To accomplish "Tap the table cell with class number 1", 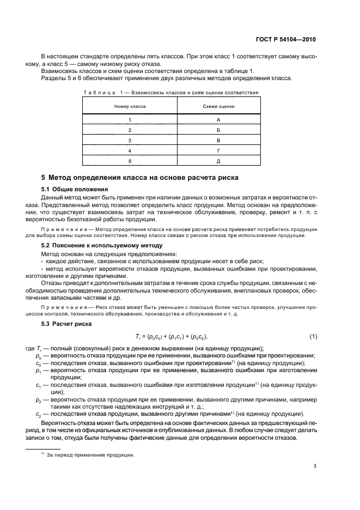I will click(x=130, y=119).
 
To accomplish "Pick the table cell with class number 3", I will click(x=130, y=140).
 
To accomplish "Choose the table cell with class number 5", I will click(x=130, y=161).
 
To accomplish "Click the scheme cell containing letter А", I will click(x=218, y=119).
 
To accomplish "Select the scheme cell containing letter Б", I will click(x=218, y=130).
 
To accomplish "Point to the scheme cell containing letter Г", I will click(x=218, y=150).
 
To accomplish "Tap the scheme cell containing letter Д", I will click(x=218, y=161).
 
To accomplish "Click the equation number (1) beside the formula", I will click(x=313, y=336).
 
